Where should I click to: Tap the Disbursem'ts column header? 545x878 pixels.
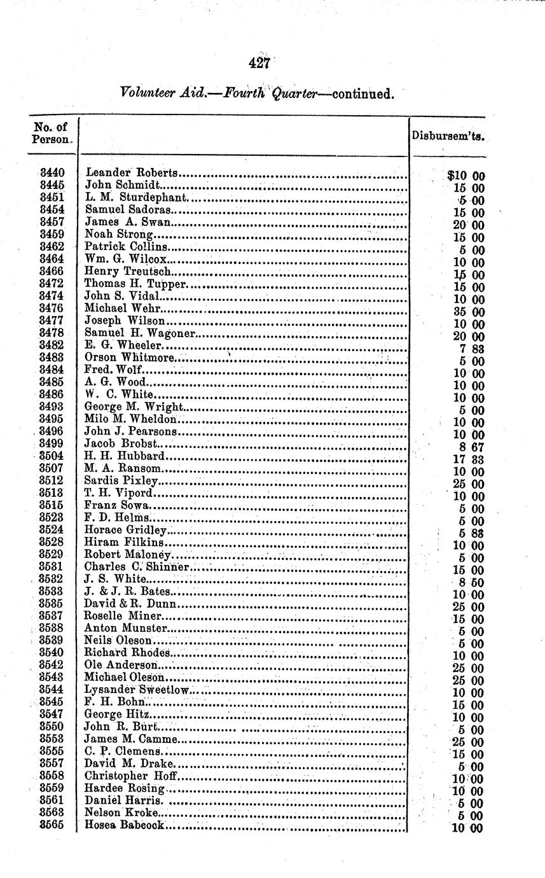[x=448, y=136]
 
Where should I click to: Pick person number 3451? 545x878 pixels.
[x=52, y=197]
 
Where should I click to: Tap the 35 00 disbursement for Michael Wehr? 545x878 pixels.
[x=469, y=312]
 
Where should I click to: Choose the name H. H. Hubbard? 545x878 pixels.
[x=125, y=456]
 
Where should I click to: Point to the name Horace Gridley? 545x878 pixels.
[x=125, y=529]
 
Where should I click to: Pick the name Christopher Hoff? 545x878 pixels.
[x=129, y=776]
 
